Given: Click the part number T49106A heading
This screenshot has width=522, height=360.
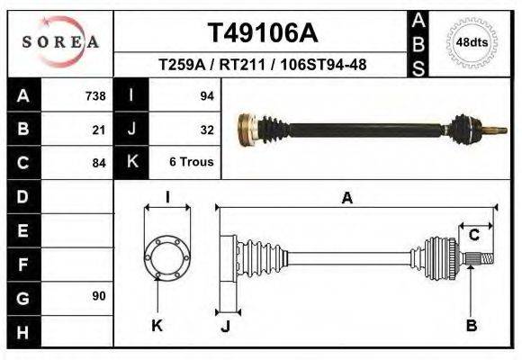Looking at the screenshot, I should click(262, 32).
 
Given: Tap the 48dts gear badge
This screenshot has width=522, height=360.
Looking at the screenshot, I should click(472, 42).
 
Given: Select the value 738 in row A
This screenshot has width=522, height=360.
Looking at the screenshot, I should click(94, 96).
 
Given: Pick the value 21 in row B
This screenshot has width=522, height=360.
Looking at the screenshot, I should click(99, 130).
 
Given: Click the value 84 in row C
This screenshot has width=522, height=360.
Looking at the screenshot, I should click(99, 163).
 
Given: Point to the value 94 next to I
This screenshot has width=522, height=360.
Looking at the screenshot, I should click(205, 96).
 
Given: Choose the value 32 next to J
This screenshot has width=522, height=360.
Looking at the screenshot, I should click(205, 130).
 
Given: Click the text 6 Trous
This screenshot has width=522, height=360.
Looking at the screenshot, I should click(192, 163).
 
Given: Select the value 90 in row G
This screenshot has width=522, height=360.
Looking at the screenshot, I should click(99, 296).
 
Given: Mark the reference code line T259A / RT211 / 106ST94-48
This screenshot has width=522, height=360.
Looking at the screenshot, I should click(262, 65).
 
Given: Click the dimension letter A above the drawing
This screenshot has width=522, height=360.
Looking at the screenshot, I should click(346, 199).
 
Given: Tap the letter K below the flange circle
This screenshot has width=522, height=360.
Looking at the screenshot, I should click(157, 325).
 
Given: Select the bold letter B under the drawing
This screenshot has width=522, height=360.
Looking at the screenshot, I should click(472, 325).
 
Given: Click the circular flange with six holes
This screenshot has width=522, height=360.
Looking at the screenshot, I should click(167, 257).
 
